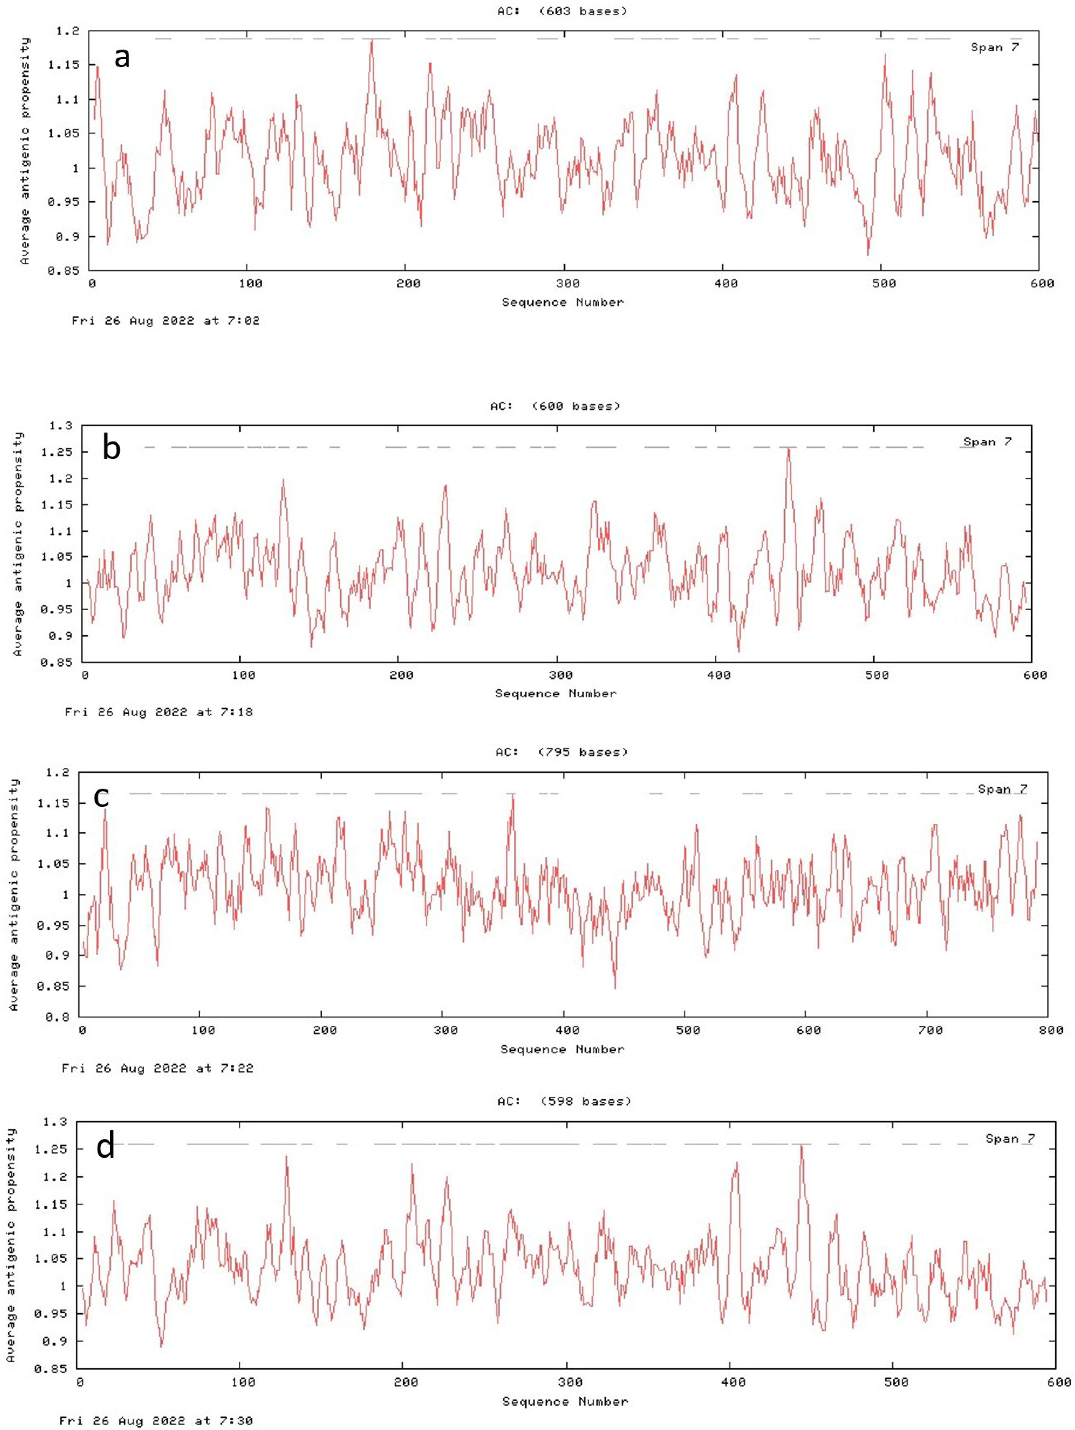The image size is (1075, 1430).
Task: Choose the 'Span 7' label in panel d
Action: click(x=1010, y=1139)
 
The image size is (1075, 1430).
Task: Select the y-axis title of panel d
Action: click(x=11, y=1245)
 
